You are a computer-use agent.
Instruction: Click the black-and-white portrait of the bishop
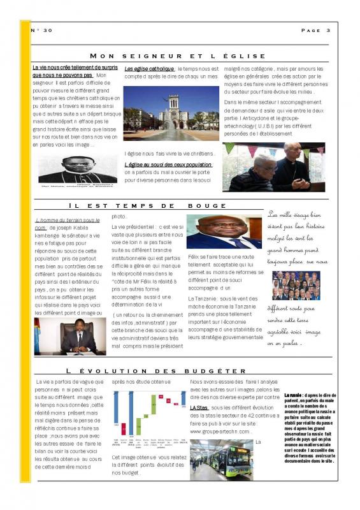(x=78, y=168)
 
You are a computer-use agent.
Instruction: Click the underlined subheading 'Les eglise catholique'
(x=149, y=68)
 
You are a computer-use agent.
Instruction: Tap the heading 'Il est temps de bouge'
(x=147, y=206)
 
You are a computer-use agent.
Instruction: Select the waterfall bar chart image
(x=148, y=414)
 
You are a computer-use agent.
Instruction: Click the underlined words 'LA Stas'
(x=199, y=407)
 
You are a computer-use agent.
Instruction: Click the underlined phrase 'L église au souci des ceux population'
(x=168, y=164)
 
